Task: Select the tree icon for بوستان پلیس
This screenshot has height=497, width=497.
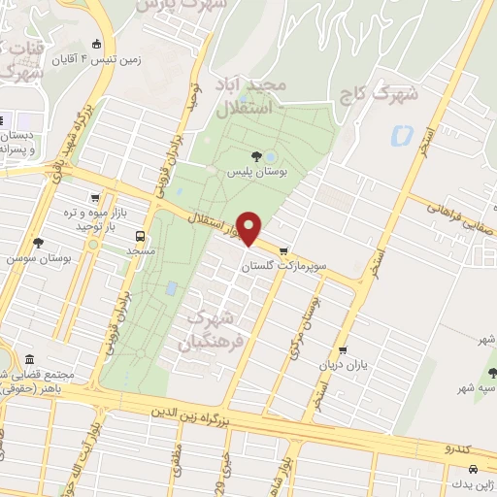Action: (256, 155)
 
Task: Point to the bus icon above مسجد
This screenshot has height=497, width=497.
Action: (142, 235)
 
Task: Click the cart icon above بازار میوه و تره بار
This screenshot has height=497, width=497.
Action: (94, 197)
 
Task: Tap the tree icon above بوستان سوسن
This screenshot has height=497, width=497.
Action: (38, 243)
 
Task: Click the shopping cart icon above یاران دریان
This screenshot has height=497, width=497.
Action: (342, 351)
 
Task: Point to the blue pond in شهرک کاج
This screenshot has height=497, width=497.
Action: (399, 137)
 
